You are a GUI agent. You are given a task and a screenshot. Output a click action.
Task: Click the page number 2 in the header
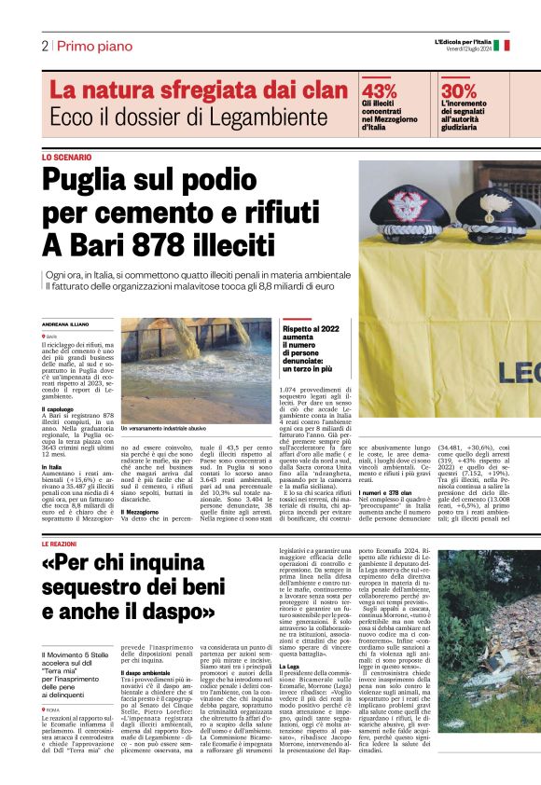(44, 46)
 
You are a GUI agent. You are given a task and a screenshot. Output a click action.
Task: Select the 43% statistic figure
(379, 90)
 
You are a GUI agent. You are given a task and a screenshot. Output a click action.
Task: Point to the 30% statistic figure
(459, 90)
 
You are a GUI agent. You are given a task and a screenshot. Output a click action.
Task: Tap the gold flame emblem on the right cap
(489, 200)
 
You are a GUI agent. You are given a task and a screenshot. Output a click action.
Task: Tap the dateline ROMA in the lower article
(57, 710)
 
